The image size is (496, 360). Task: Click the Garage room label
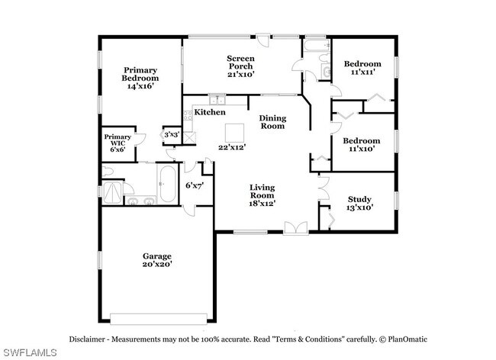157,256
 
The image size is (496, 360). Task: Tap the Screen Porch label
240,63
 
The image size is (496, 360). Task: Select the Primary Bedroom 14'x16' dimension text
140,86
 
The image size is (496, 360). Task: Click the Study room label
359,199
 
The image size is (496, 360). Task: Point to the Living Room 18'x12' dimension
262,204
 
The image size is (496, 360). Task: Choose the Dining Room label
272,122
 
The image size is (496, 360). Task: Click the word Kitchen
210,112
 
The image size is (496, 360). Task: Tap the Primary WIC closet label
118,140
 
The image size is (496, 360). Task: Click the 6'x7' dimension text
195,185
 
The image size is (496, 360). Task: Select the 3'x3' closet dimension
172,135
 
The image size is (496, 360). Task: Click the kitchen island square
234,133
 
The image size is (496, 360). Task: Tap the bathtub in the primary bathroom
168,185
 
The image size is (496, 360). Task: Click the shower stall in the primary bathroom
112,192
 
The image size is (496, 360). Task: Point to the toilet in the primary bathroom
108,172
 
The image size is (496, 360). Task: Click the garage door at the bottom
159,319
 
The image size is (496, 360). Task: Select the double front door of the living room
296,228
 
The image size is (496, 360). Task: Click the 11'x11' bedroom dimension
362,72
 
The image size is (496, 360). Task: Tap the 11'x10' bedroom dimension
362,149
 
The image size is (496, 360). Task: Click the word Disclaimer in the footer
87,339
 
